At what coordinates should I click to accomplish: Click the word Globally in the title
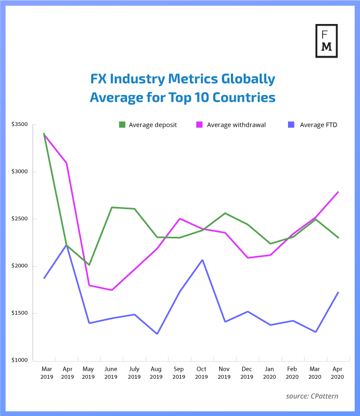click(x=247, y=79)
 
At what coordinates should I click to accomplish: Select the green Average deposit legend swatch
click(x=122, y=125)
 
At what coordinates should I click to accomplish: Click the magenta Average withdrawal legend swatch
click(x=199, y=125)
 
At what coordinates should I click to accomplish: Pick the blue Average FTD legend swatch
click(x=291, y=125)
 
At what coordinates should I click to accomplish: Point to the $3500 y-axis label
click(x=20, y=124)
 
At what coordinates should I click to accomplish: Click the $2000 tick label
click(x=20, y=266)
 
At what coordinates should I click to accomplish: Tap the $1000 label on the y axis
click(x=20, y=361)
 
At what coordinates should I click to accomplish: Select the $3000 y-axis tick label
click(x=20, y=172)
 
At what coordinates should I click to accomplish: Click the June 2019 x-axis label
click(x=111, y=373)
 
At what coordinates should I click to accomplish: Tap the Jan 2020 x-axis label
click(x=269, y=373)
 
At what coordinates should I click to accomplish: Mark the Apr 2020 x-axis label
click(x=338, y=373)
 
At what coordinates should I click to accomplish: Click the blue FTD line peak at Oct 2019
click(x=202, y=260)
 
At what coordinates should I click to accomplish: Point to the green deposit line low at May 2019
click(x=89, y=265)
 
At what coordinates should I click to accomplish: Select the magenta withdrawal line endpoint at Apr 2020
click(x=338, y=191)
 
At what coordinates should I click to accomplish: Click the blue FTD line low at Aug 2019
click(x=157, y=334)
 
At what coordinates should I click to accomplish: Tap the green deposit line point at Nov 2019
click(x=225, y=213)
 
